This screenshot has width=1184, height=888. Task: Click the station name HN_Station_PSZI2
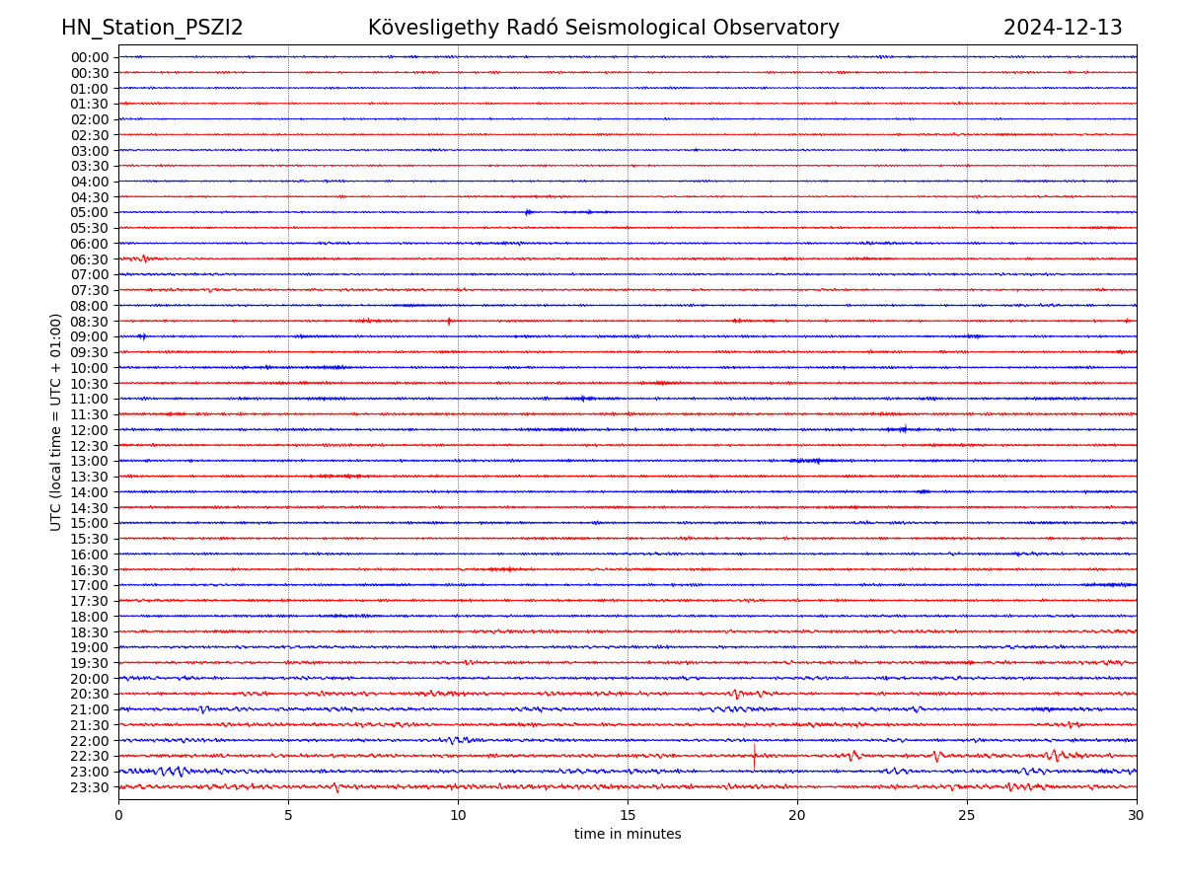[x=152, y=28]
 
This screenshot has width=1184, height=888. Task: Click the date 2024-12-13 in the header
[x=1063, y=28]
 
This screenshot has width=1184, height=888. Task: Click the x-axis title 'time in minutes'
[x=628, y=834]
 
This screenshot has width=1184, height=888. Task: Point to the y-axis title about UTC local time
[x=56, y=421]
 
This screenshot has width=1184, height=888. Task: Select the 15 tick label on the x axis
[x=628, y=815]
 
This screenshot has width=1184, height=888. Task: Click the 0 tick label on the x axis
[x=118, y=815]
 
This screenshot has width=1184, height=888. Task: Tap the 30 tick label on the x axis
[x=1137, y=815]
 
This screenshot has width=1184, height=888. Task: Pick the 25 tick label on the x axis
[x=967, y=815]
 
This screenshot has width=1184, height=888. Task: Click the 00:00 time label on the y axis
[x=90, y=57]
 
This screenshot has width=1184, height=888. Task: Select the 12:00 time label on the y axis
[x=90, y=430]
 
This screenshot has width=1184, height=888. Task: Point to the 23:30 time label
[x=90, y=787]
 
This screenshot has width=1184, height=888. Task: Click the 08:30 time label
[x=90, y=322]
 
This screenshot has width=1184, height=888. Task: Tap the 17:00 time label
[x=90, y=585]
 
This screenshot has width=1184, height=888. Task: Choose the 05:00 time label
[x=90, y=212]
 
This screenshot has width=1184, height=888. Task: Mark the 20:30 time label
[x=90, y=694]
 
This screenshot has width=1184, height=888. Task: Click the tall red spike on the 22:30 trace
[x=754, y=755]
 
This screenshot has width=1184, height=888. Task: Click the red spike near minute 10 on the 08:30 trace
[x=449, y=321]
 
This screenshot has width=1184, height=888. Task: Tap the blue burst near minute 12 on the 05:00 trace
[x=529, y=212]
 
